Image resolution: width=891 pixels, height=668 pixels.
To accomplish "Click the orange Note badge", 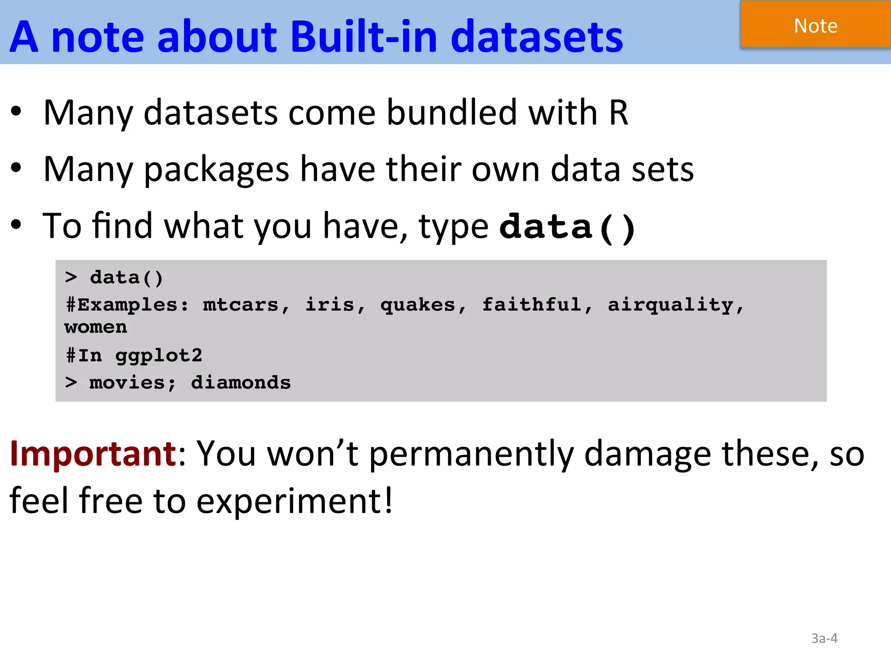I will point(815,25).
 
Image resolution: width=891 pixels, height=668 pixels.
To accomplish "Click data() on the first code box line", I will point(126,277).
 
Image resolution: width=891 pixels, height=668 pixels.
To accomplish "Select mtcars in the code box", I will point(241,304).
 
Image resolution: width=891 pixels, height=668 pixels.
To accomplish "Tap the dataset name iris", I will point(330,304).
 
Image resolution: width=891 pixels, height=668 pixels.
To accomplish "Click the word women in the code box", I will point(96,327).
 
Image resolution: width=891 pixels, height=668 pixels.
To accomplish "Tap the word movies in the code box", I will point(127,383).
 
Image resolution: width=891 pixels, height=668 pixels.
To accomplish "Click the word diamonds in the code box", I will point(241,383).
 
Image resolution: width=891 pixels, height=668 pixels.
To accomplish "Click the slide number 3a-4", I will point(824,638).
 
